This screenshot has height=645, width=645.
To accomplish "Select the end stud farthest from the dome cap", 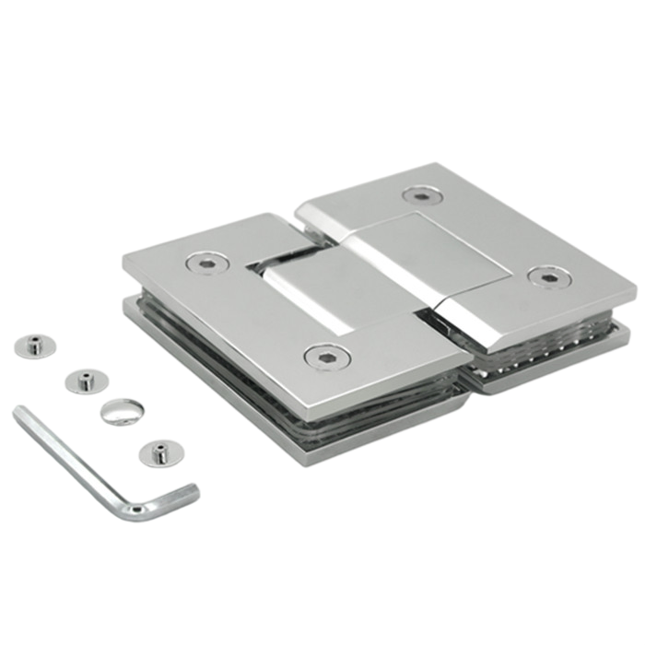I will (x=35, y=346).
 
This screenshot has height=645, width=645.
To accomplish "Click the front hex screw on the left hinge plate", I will (x=323, y=357).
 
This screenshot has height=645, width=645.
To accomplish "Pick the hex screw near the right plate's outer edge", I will (x=549, y=276).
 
